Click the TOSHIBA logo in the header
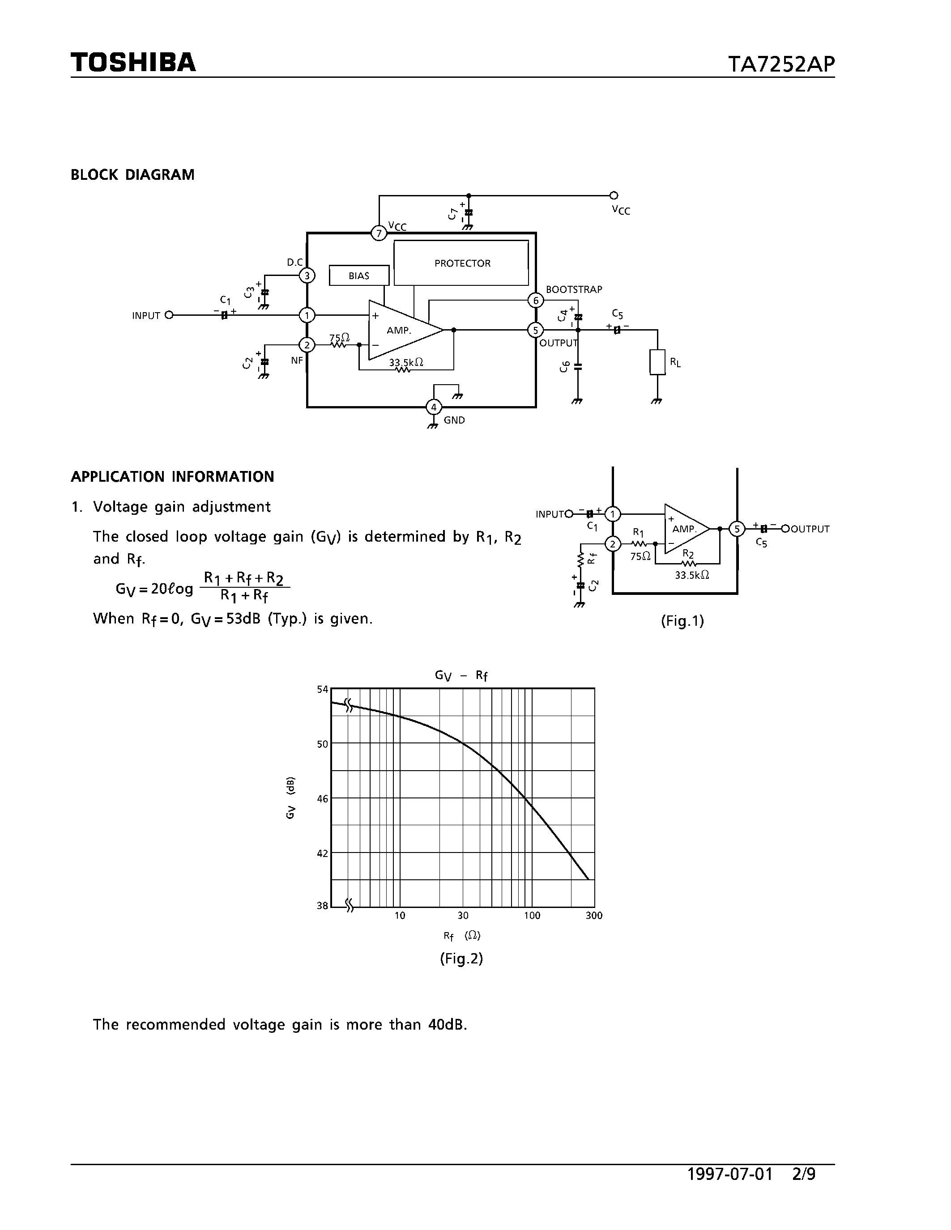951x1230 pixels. pyautogui.click(x=133, y=63)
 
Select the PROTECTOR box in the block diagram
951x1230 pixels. pyautogui.click(x=461, y=263)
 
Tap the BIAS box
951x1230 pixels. pyautogui.click(x=359, y=276)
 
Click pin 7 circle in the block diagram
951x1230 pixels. pyautogui.click(x=379, y=233)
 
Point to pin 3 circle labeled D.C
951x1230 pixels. pyautogui.click(x=307, y=276)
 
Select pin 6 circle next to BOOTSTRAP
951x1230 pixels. pyautogui.click(x=536, y=300)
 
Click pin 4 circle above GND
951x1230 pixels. pyautogui.click(x=433, y=407)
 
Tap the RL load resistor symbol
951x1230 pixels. pyautogui.click(x=657, y=362)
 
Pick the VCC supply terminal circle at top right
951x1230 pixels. pyautogui.click(x=614, y=195)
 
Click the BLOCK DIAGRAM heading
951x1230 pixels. pyautogui.click(x=132, y=174)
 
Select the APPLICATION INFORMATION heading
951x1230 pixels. pyautogui.click(x=172, y=476)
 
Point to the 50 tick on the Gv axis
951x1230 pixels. pyautogui.click(x=322, y=744)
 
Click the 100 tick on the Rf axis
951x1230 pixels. pyautogui.click(x=532, y=916)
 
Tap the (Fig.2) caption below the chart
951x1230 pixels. pyautogui.click(x=461, y=959)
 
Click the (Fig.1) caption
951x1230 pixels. pyautogui.click(x=682, y=621)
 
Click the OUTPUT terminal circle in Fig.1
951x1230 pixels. pyautogui.click(x=785, y=528)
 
